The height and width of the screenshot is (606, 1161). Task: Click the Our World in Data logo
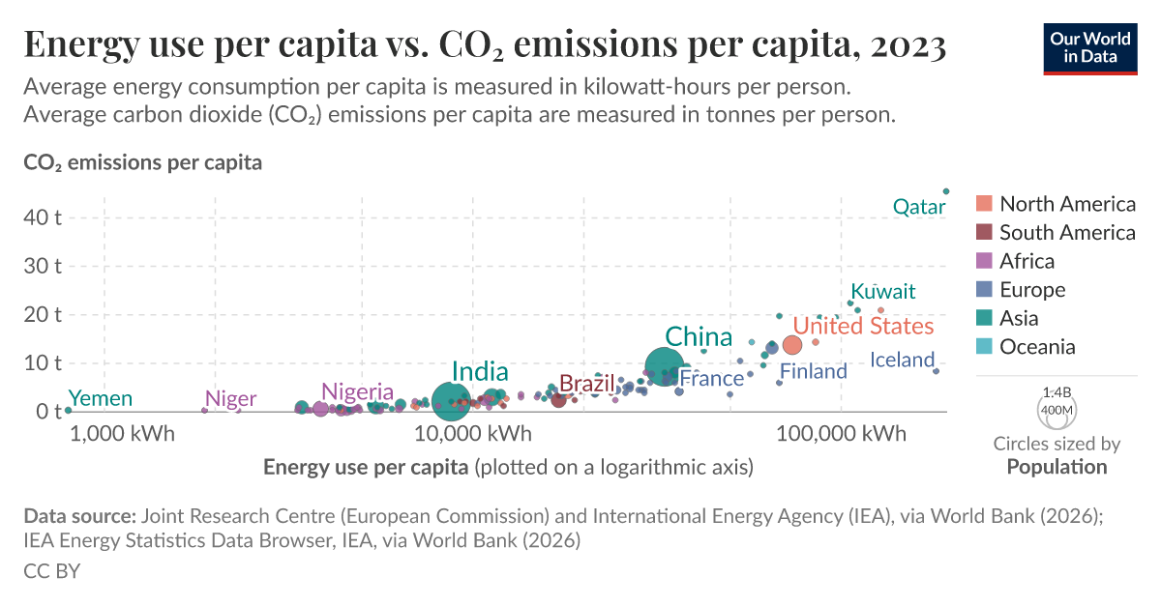tap(1090, 46)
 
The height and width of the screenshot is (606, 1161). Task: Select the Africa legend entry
tap(1027, 261)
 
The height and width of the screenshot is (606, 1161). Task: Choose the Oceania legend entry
tap(1037, 347)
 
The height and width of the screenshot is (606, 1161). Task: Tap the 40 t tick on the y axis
tap(43, 217)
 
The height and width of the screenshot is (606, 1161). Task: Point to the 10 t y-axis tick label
tap(43, 362)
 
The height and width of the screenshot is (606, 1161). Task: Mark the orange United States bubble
tap(792, 345)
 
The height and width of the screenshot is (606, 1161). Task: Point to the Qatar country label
tap(918, 207)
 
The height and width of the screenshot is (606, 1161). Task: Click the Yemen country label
tap(101, 398)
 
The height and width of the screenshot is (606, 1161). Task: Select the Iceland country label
tap(902, 361)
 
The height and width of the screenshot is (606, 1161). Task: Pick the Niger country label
tap(231, 399)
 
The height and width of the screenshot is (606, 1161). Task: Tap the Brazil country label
tap(587, 383)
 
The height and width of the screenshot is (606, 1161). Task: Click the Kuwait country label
tap(882, 292)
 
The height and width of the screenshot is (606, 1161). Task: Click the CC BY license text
tap(51, 571)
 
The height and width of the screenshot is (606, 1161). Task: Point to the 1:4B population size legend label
tap(1057, 392)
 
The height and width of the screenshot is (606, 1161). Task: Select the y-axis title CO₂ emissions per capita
tap(142, 162)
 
